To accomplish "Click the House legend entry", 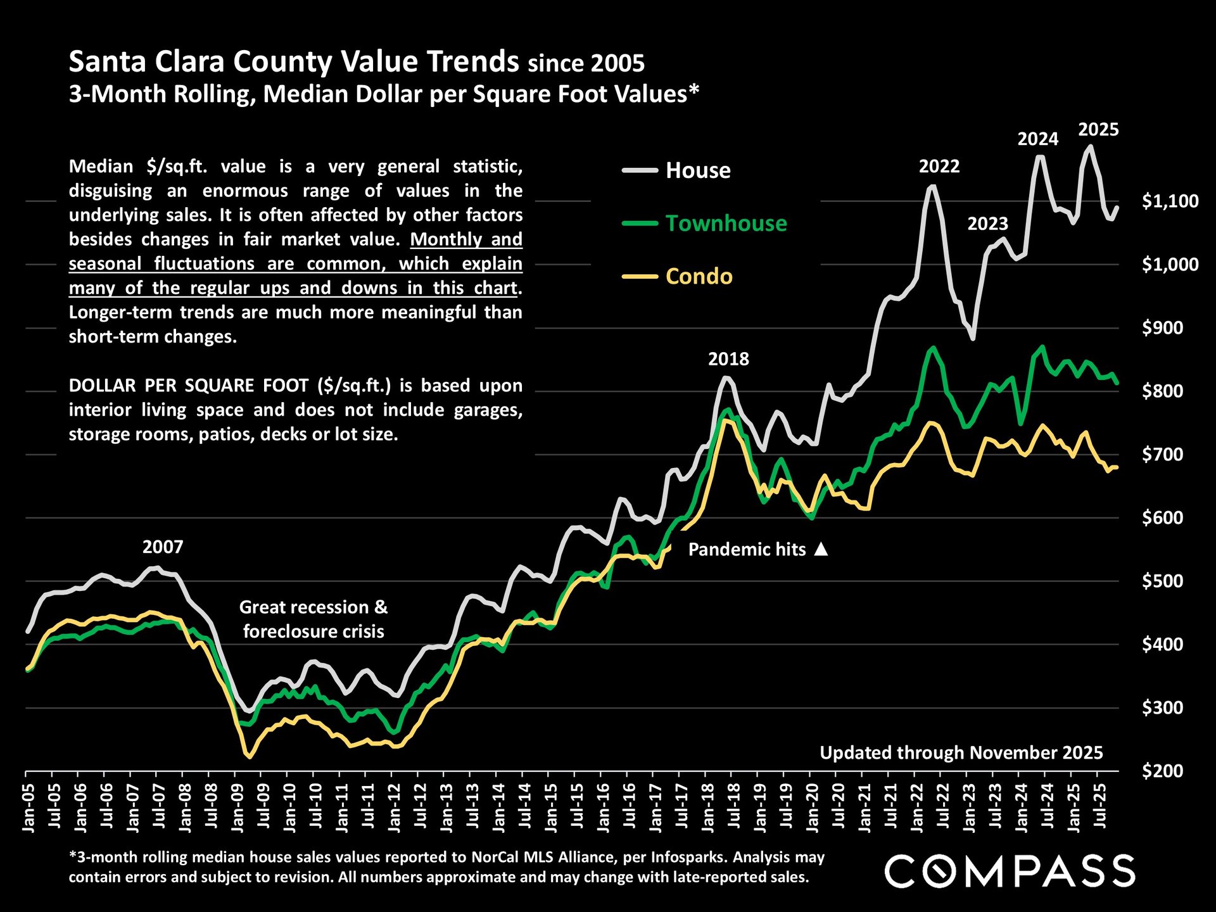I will [x=697, y=170].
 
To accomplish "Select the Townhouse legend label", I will [x=726, y=224].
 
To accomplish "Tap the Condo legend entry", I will [x=699, y=277].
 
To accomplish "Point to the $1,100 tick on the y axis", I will [x=1170, y=201].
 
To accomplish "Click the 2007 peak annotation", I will [x=163, y=547].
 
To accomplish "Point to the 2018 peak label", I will [x=728, y=359].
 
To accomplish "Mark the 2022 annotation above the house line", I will [x=939, y=167].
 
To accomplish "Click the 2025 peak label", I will [x=1098, y=130].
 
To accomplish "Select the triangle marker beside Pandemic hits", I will [x=821, y=549].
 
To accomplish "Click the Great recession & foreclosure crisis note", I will [x=313, y=619].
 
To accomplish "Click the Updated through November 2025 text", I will [x=961, y=753].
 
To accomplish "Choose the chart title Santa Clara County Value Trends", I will [x=294, y=62].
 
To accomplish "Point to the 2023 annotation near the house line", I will [x=987, y=224].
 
